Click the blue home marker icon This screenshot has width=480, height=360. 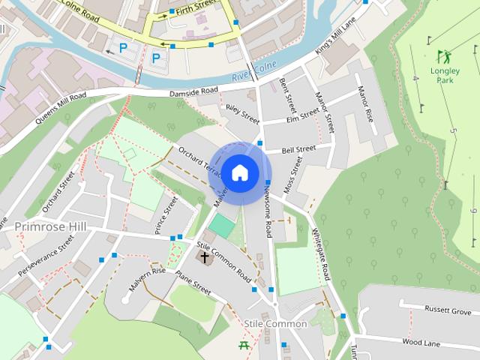pyautogui.click(x=239, y=173)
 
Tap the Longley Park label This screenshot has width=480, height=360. pyautogui.click(x=445, y=74)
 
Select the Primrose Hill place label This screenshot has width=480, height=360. pyautogui.click(x=50, y=226)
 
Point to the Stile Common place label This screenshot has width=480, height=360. pyautogui.click(x=275, y=323)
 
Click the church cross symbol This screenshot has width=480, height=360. pyautogui.click(x=204, y=257)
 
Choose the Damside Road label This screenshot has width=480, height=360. pyautogui.click(x=193, y=91)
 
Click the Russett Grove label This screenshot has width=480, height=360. pyautogui.click(x=447, y=310)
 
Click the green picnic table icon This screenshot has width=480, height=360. pyautogui.click(x=244, y=345)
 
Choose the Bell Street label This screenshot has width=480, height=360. pyautogui.click(x=299, y=149)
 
